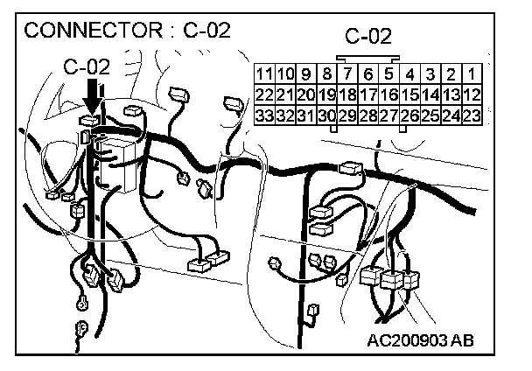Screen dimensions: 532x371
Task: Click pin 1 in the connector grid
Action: pyautogui.click(x=471, y=74)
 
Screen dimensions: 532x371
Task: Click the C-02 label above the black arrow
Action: pyautogui.click(x=87, y=66)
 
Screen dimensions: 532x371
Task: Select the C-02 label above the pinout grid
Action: pyautogui.click(x=367, y=37)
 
